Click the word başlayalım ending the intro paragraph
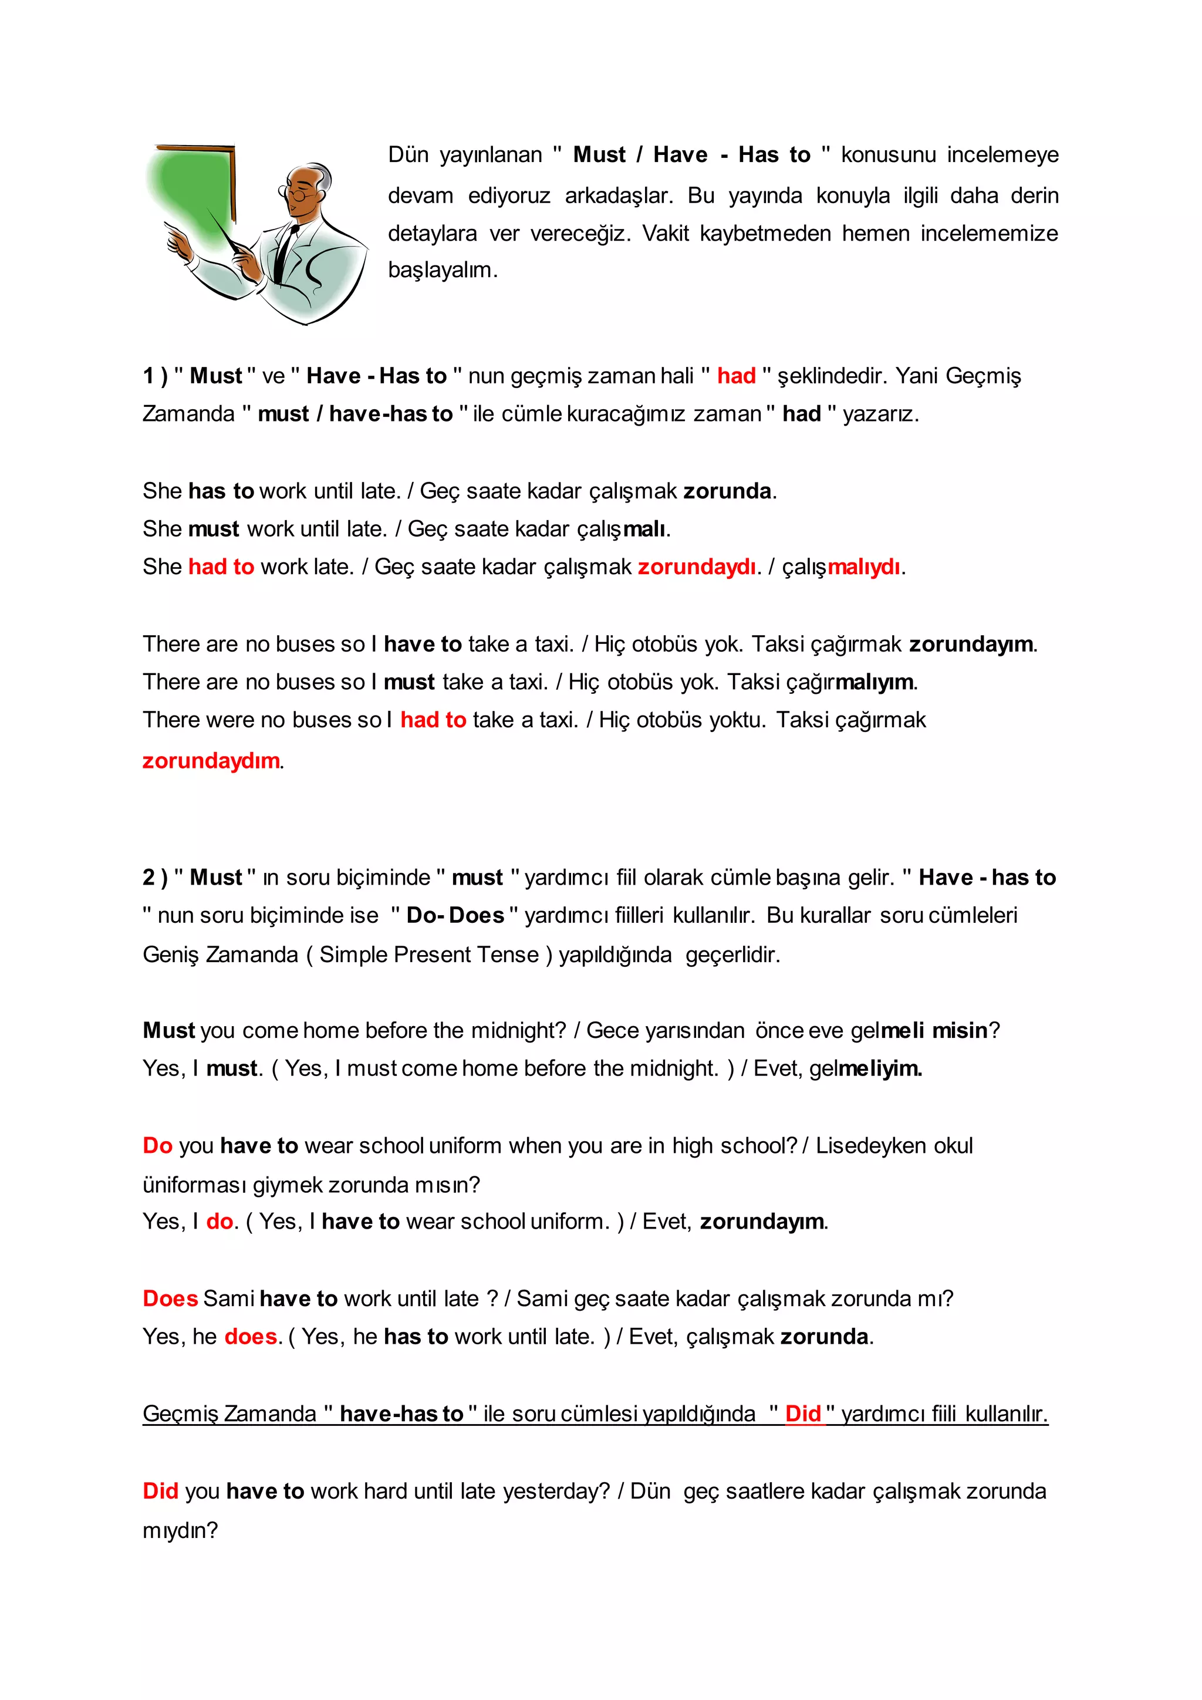point(442,270)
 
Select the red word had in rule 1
point(736,376)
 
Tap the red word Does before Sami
point(170,1298)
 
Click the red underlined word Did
point(803,1414)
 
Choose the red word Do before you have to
point(157,1145)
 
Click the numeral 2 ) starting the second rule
point(155,878)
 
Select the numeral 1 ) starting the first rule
point(155,376)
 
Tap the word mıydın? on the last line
point(180,1530)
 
